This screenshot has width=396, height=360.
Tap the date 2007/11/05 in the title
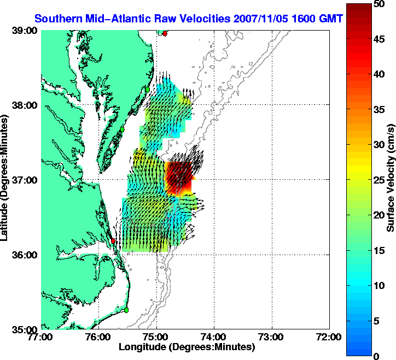click(x=257, y=19)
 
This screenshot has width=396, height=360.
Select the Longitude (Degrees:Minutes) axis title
click(x=187, y=347)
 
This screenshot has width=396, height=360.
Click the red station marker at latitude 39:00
click(x=165, y=33)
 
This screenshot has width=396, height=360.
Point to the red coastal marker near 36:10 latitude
click(x=113, y=240)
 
